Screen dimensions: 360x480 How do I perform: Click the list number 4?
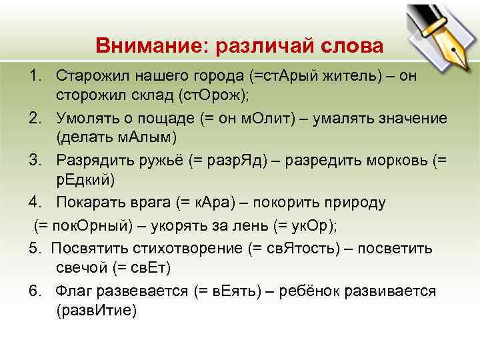tap(34, 203)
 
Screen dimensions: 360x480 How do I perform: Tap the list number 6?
tap(34, 291)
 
